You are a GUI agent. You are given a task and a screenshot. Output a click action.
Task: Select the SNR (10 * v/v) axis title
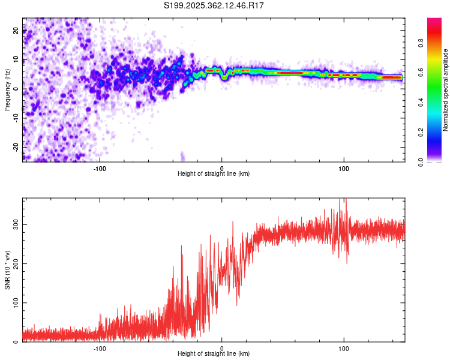click(7, 270)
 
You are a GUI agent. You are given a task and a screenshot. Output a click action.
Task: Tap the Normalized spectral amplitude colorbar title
click(445, 90)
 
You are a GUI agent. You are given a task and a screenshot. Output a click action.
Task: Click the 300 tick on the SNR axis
click(14, 224)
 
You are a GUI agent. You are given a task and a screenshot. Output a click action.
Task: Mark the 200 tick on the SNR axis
click(14, 263)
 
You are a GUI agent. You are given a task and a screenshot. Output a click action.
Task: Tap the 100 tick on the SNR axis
click(14, 303)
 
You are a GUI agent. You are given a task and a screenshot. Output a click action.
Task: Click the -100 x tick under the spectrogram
click(100, 168)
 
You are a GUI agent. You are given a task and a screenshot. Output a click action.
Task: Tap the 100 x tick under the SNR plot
click(344, 348)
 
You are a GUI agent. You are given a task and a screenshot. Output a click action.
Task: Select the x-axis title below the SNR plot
click(214, 355)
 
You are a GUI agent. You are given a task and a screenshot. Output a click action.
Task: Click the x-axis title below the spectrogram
click(214, 174)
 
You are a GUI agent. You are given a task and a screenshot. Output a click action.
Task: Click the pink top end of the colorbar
click(434, 20)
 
